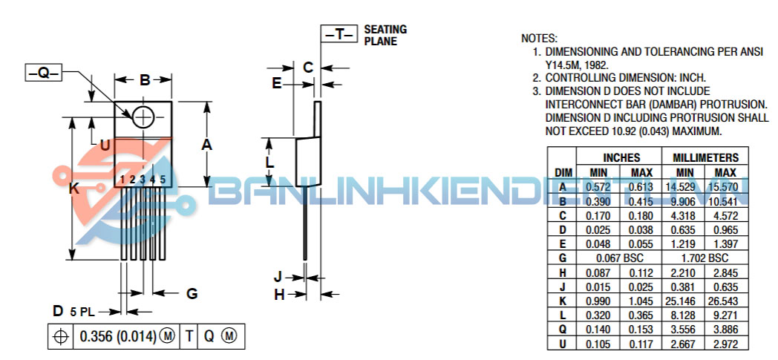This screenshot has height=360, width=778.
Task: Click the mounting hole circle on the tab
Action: [143, 117]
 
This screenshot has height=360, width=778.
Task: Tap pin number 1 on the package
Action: [122, 179]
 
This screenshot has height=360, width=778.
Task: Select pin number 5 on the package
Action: [162, 179]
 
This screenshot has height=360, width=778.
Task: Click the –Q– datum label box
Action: [44, 73]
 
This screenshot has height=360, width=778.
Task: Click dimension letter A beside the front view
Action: [207, 145]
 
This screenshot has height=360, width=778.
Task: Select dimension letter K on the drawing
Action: [73, 189]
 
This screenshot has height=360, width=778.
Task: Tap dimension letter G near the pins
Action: [192, 294]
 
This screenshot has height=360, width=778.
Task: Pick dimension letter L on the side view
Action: [270, 162]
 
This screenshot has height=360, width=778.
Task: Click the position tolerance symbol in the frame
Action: [61, 336]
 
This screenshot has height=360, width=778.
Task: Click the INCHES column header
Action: [620, 158]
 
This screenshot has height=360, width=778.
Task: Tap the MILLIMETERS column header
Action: [705, 158]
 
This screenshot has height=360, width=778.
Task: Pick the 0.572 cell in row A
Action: [598, 187]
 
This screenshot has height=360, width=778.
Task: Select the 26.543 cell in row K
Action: [726, 301]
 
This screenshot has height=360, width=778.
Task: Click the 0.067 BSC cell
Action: [620, 258]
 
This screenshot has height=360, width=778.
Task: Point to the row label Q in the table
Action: [562, 329]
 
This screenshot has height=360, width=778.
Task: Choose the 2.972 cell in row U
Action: [726, 343]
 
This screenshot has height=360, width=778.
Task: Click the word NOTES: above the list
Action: [539, 38]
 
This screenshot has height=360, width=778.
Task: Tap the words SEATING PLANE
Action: [385, 35]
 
